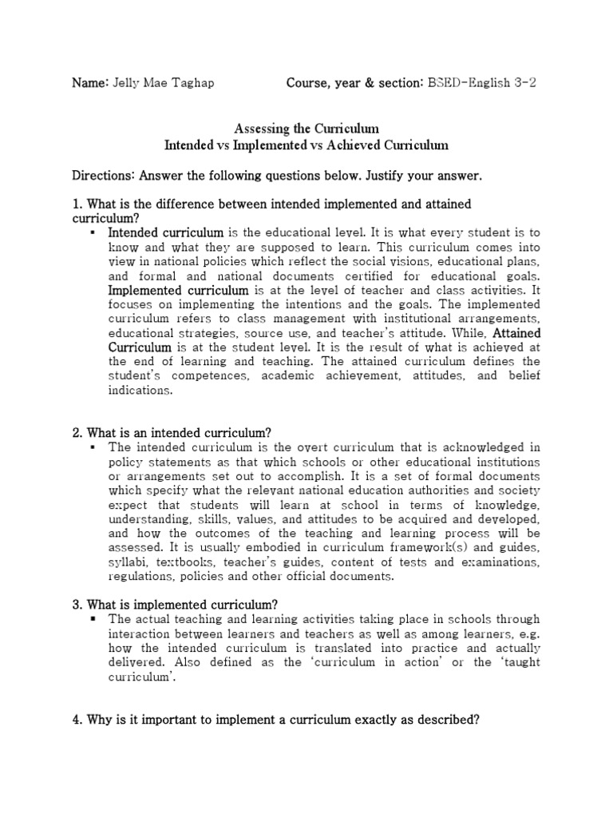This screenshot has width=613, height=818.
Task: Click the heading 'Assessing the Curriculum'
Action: coord(306,128)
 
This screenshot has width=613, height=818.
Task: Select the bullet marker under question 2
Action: coord(94,447)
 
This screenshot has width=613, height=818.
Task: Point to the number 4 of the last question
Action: coord(76,719)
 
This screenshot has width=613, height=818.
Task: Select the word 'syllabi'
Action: coord(128,562)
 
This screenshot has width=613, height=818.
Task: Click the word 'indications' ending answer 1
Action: coord(140,391)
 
